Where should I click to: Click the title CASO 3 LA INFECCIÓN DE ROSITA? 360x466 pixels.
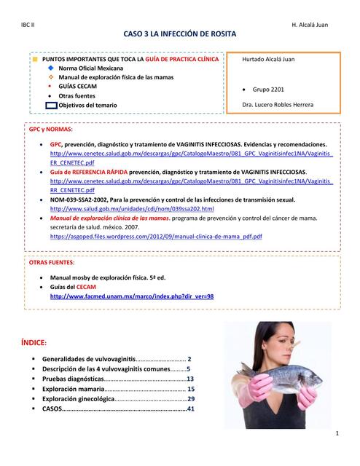pos(179,34)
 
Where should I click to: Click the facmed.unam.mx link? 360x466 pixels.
pos(131,296)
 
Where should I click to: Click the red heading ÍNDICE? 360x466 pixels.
pos(35,342)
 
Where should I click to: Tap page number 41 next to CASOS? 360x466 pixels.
pos(190,409)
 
